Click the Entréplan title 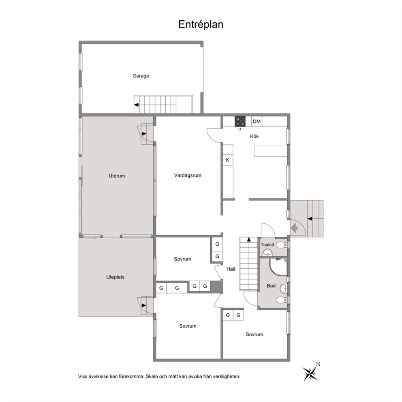coord(201,25)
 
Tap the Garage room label coord(141,76)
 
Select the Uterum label coord(117,176)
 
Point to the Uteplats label coord(115,277)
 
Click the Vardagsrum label coord(188,175)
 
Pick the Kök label coord(254,137)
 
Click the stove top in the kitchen coord(240,121)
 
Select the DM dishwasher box coord(257,122)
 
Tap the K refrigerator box coord(228,160)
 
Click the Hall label coord(231,269)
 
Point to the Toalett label coord(267,245)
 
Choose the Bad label coord(271,286)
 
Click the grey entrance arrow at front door coord(294,228)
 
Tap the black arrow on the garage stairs coord(137,105)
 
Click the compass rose coord(311,373)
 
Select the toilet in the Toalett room coord(282,245)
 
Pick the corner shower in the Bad coord(278,267)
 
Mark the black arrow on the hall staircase coord(249,239)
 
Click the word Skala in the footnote coord(152,376)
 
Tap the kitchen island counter coord(270,151)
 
